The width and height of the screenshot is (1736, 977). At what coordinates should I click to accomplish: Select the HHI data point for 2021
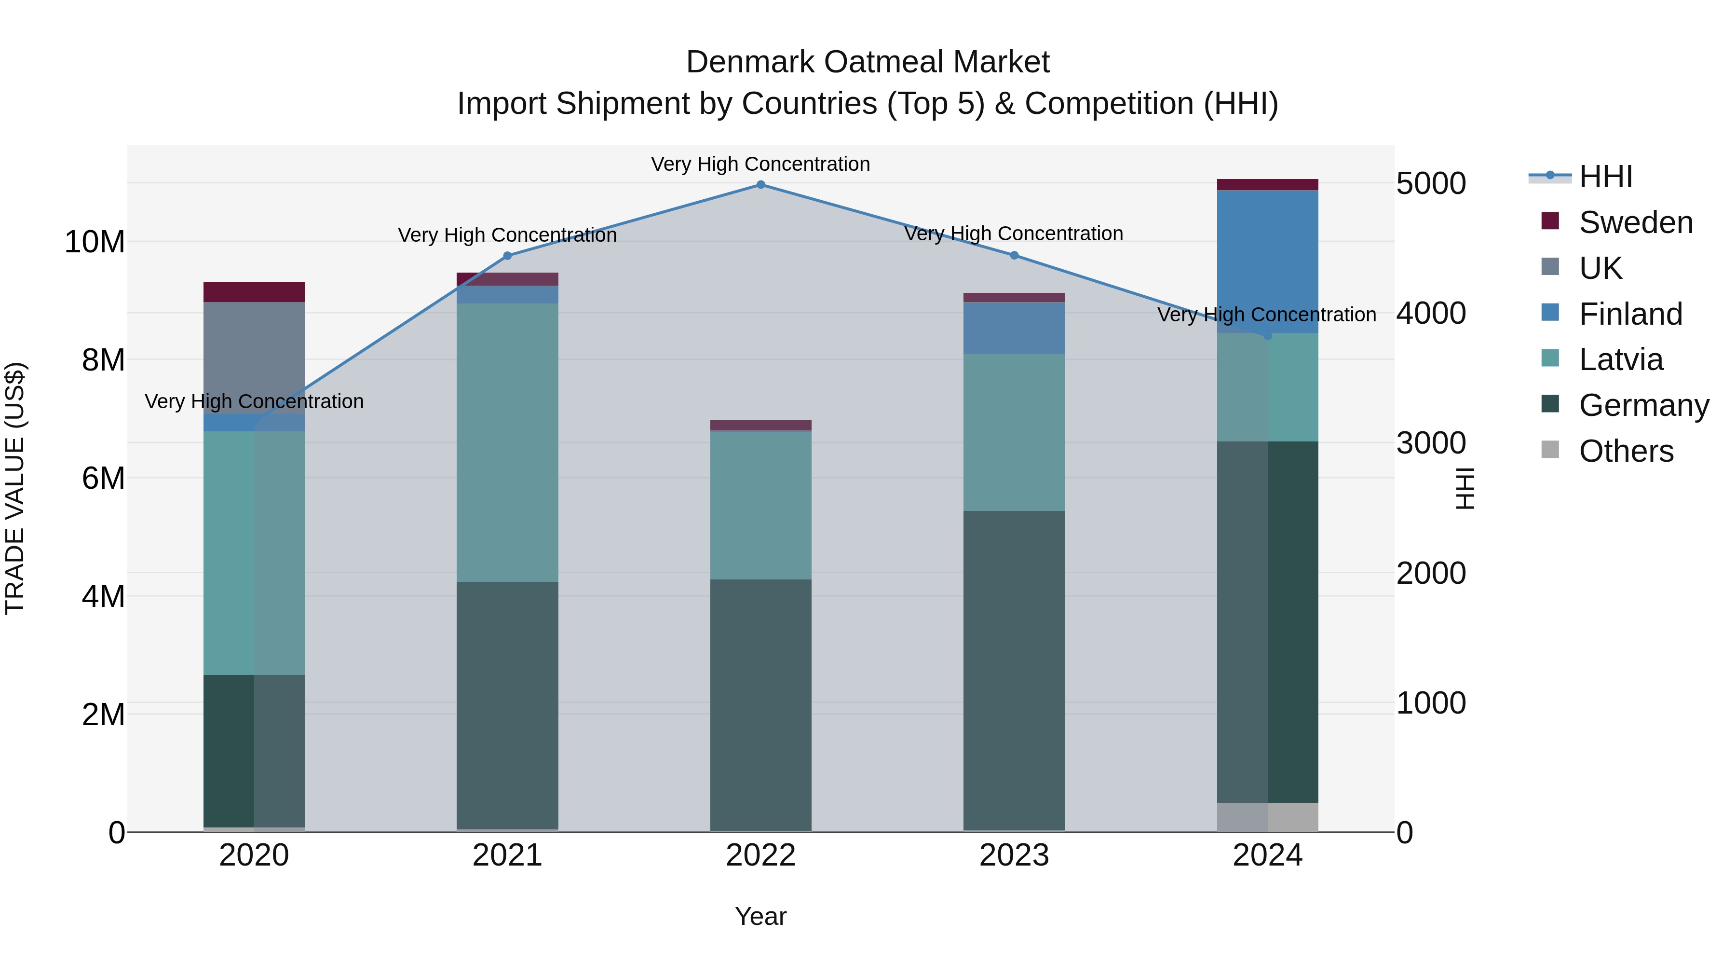507,256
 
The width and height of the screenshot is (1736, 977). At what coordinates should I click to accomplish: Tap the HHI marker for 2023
1014,256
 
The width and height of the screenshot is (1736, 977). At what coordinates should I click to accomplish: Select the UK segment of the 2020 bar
254,358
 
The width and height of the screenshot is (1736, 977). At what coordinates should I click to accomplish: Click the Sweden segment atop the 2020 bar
254,292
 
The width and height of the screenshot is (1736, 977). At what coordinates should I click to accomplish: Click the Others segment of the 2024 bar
1267,817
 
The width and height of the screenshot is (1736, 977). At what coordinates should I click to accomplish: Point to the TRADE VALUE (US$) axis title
15,488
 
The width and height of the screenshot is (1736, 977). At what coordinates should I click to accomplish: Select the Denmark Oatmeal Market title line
868,63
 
